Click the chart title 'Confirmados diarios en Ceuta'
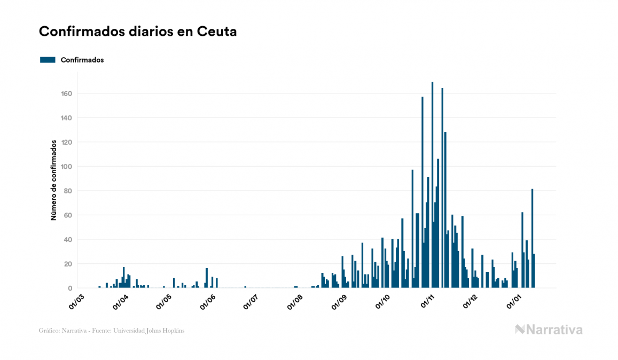pyautogui.click(x=138, y=32)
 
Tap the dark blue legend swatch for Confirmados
pyautogui.click(x=48, y=60)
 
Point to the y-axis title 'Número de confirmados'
pyautogui.click(x=54, y=181)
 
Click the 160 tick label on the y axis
pyautogui.click(x=66, y=93)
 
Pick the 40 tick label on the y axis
pyautogui.click(x=68, y=240)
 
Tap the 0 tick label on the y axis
pyautogui.click(x=69, y=288)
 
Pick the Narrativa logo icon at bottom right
pyautogui.click(x=520, y=330)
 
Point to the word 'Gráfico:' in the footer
pyautogui.click(x=49, y=331)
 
